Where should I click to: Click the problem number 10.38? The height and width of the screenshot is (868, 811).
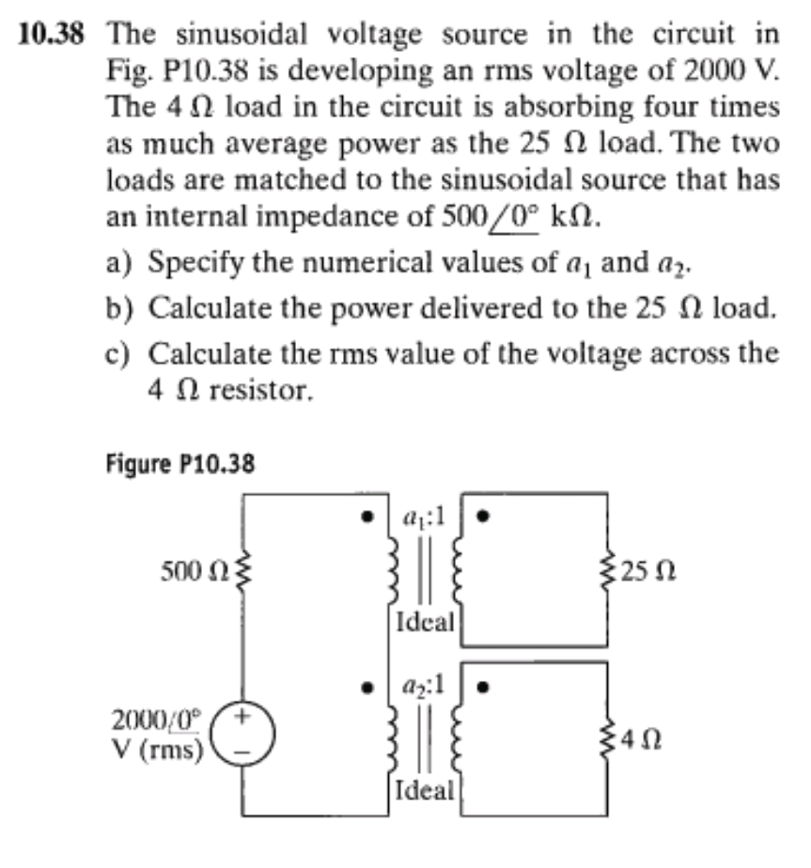[51, 35]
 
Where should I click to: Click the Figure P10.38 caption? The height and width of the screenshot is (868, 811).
[180, 464]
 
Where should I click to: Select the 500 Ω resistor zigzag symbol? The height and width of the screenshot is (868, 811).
[242, 571]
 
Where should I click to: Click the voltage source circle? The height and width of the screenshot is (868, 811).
[242, 734]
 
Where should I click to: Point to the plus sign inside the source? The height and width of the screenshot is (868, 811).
[242, 717]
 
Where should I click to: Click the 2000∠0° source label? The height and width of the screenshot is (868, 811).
[157, 721]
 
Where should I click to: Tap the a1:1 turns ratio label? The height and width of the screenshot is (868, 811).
[424, 517]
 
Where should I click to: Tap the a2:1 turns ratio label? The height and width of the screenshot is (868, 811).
[424, 687]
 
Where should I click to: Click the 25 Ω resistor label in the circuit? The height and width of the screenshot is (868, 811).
[647, 571]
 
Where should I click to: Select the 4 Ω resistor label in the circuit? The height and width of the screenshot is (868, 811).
[641, 739]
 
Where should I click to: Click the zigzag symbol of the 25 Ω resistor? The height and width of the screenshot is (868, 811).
[608, 571]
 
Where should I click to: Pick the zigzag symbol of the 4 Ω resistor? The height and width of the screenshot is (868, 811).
[608, 739]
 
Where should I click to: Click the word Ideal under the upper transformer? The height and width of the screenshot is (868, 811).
[425, 622]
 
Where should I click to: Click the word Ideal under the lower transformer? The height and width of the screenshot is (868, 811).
[425, 791]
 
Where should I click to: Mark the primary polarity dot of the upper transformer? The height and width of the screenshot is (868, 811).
[366, 517]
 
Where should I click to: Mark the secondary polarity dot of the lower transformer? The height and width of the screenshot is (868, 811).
[483, 688]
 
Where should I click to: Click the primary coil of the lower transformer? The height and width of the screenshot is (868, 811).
[393, 738]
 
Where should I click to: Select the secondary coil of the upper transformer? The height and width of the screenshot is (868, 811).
[458, 569]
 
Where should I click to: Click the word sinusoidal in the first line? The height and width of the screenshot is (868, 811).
[242, 35]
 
